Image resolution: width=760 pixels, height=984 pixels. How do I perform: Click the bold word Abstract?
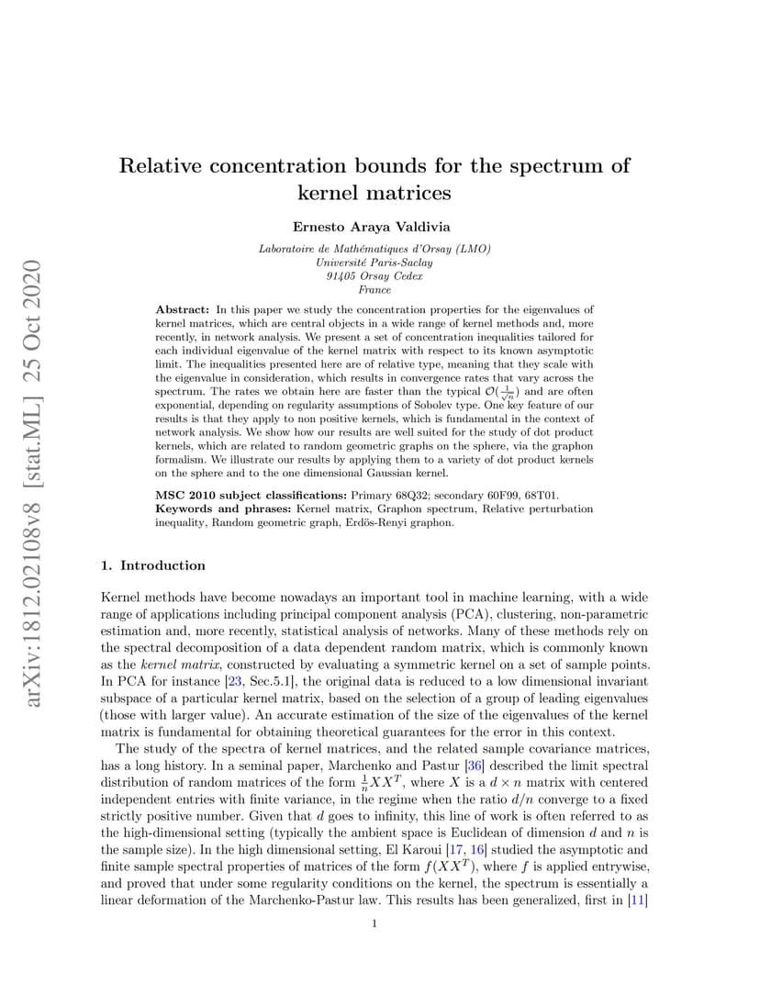coord(184,310)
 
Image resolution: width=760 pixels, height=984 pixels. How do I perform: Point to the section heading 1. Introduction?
coord(152,565)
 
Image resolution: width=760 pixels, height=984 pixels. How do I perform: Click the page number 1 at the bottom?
coord(374,923)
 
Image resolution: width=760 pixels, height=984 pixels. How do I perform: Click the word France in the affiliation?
coord(374,289)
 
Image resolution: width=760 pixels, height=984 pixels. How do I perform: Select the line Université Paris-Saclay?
coord(374,263)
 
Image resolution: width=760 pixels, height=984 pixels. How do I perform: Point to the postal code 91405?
coord(341,275)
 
